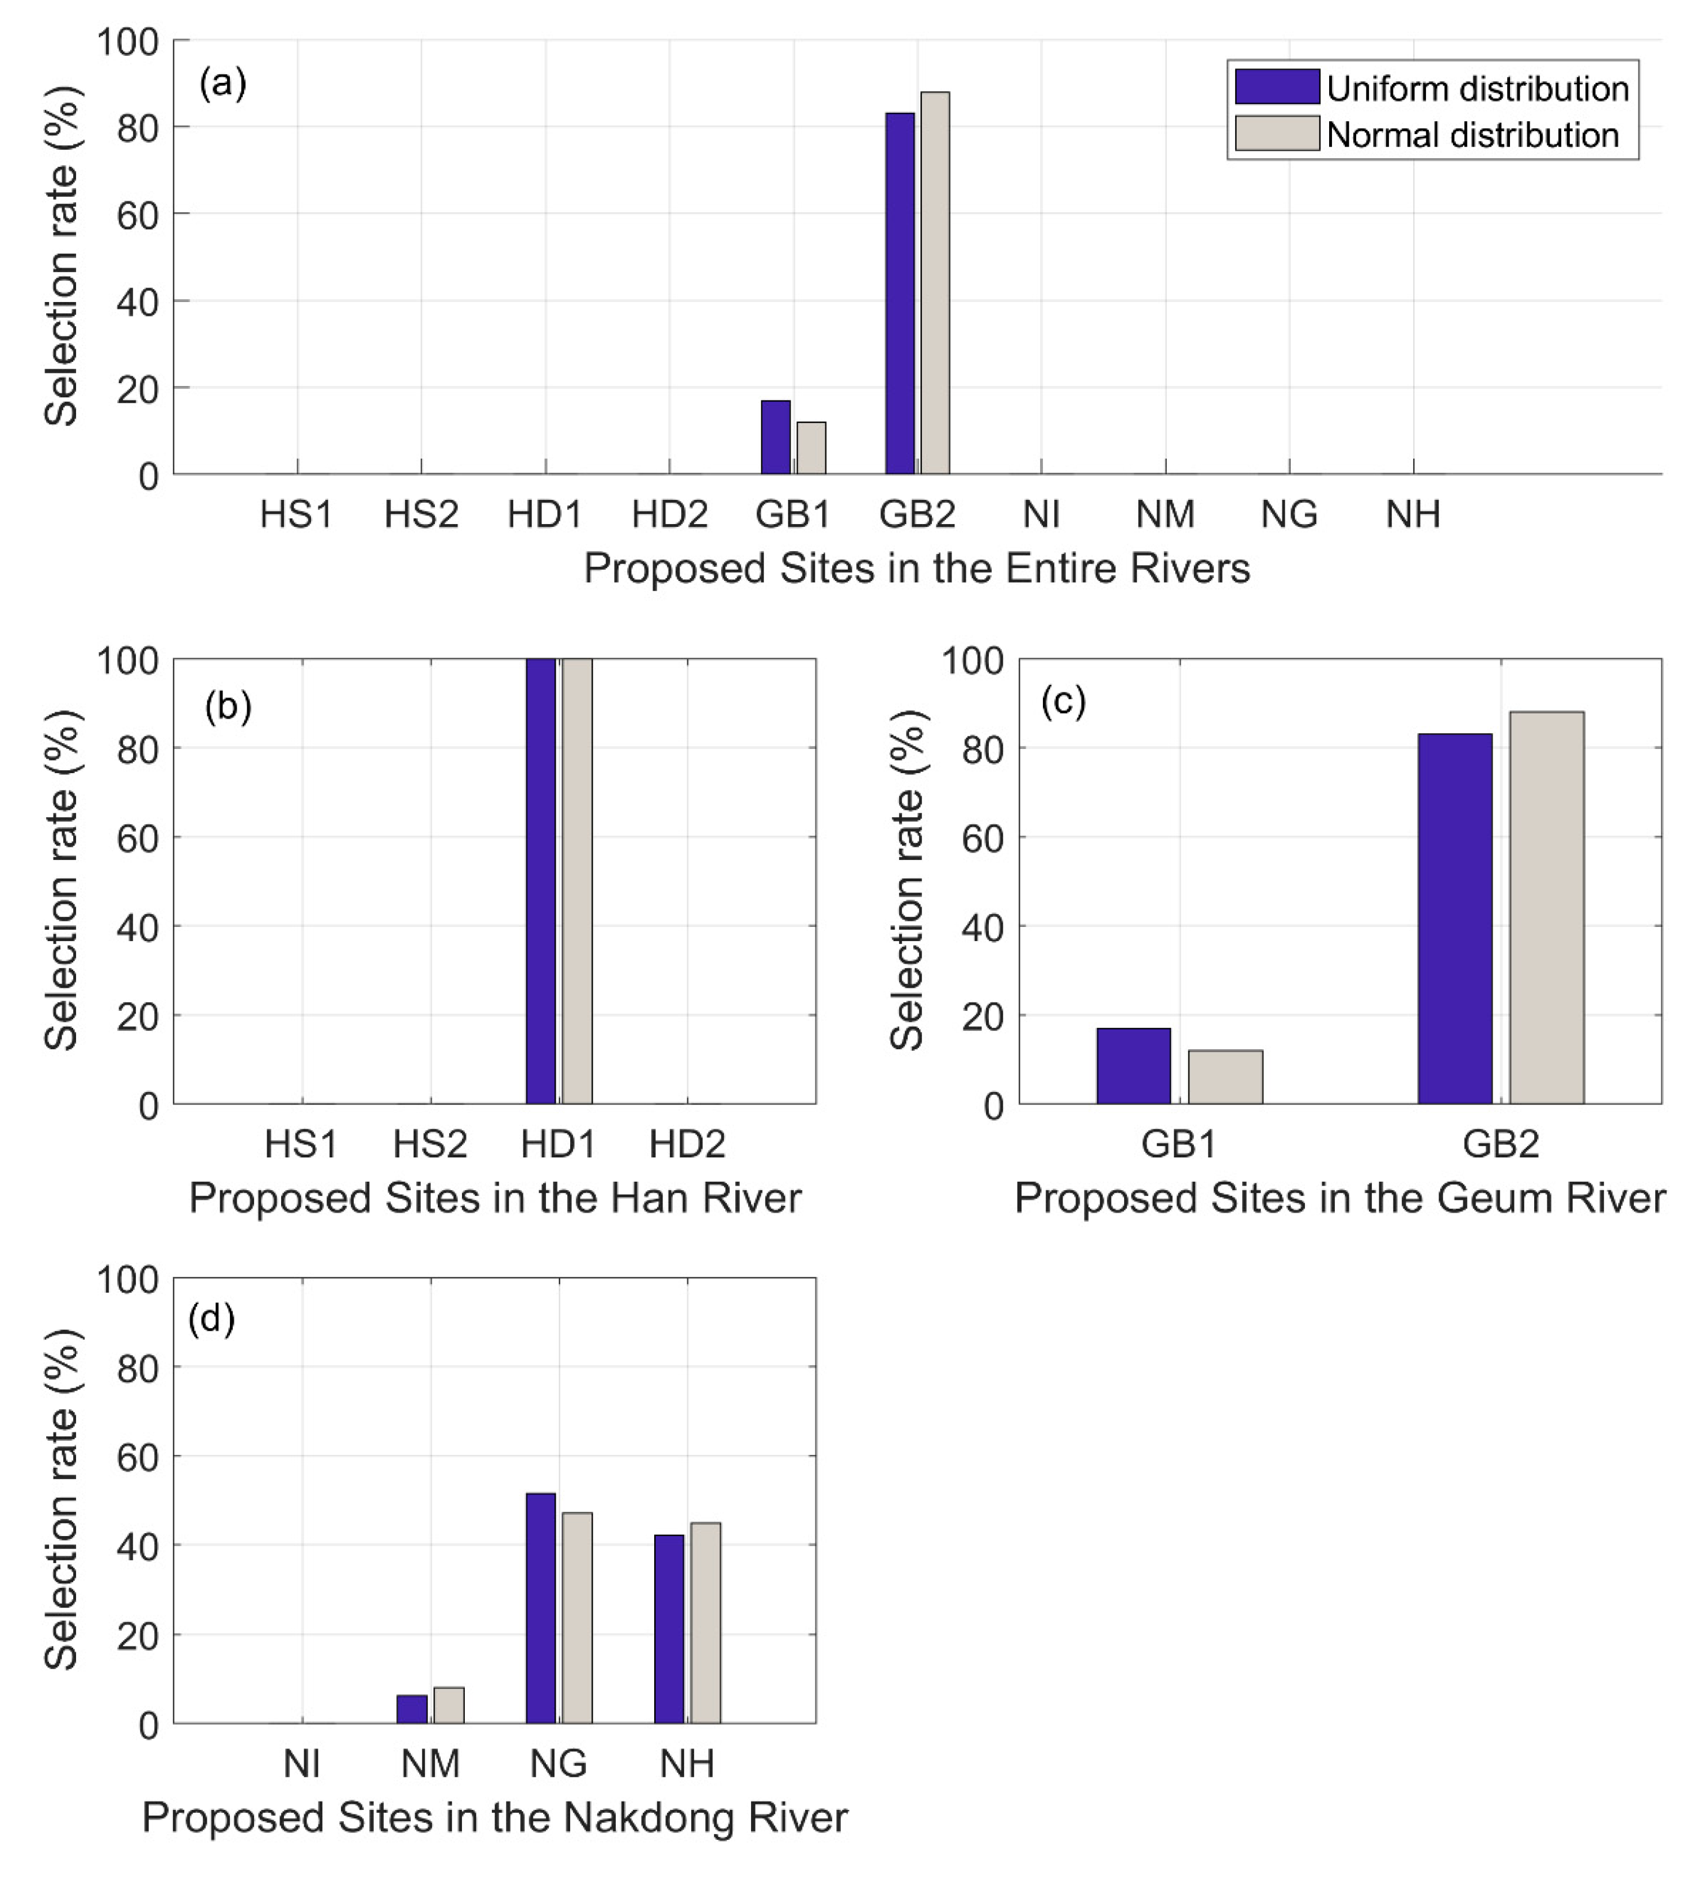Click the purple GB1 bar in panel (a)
point(775,438)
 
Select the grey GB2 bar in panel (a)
point(935,284)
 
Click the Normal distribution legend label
point(1472,135)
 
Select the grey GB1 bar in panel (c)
point(1225,1077)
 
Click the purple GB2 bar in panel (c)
point(1454,919)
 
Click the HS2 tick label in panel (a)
point(421,514)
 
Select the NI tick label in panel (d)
point(301,1763)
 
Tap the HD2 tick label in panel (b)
point(687,1143)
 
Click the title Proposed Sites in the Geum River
point(1339,1198)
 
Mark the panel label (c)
point(1063,700)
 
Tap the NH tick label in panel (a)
point(1413,514)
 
